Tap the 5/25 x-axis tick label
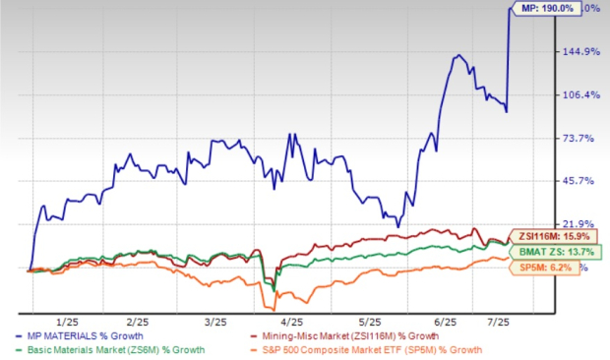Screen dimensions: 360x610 [367, 323]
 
